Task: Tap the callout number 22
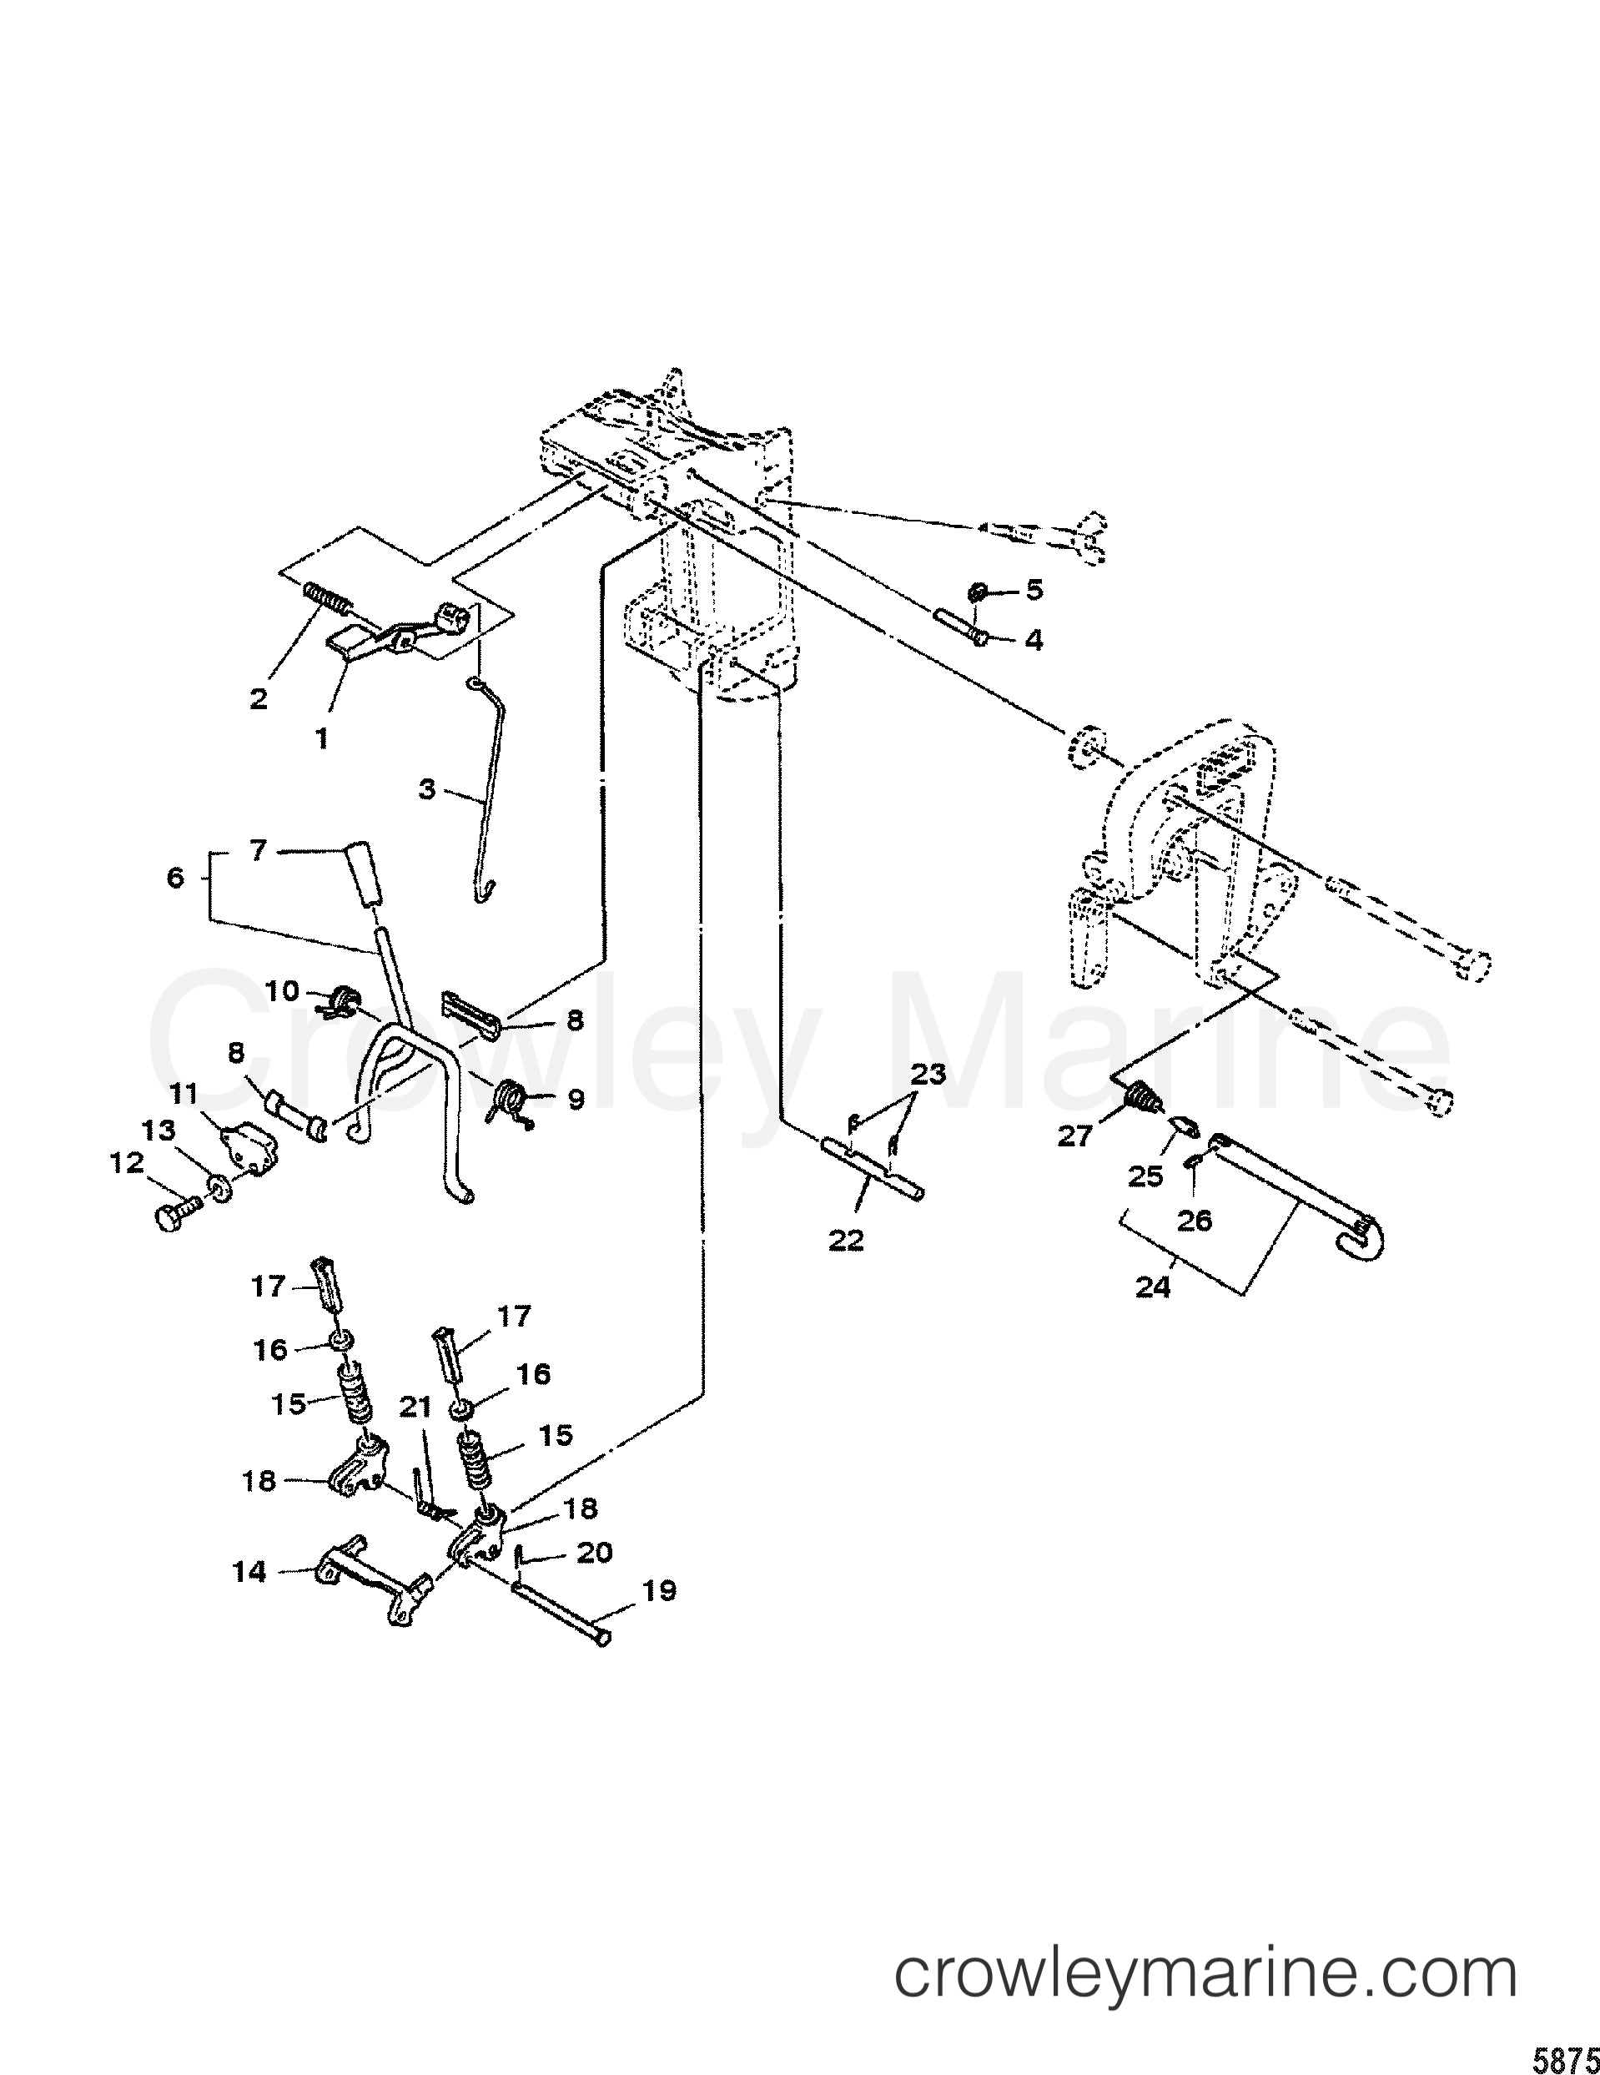click(846, 1240)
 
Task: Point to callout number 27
click(1075, 1136)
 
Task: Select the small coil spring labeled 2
click(328, 601)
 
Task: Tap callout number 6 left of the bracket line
click(175, 877)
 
